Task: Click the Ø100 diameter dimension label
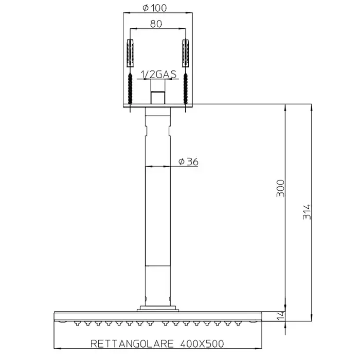point(155,8)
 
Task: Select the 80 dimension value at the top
point(156,24)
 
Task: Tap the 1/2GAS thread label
point(158,75)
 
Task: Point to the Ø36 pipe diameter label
point(188,161)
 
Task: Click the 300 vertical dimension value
point(280,188)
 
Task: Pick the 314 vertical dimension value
point(307,212)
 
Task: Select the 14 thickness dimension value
point(280,315)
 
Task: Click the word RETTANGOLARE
point(132,344)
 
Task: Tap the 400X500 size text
point(202,344)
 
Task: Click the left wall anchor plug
point(130,53)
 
